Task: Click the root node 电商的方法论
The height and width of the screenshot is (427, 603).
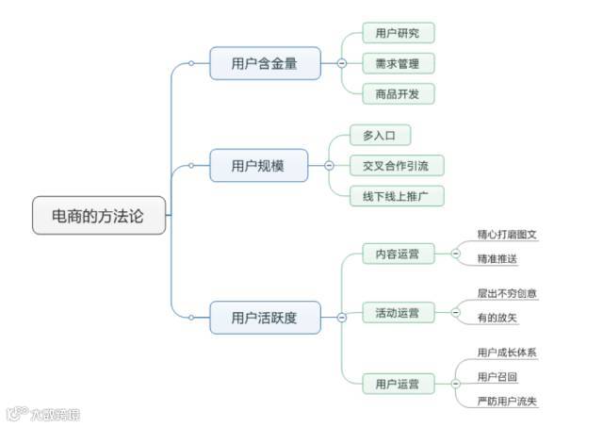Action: tap(99, 216)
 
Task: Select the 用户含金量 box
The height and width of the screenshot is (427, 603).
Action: tap(265, 63)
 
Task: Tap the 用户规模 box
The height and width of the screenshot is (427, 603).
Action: tap(258, 166)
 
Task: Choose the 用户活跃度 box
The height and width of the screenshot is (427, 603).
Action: tap(265, 318)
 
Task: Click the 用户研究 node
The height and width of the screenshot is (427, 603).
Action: tap(399, 34)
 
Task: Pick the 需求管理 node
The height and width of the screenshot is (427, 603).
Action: tap(399, 63)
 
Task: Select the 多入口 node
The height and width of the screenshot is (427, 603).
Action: tap(381, 136)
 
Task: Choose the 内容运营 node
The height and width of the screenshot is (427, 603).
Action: tap(399, 253)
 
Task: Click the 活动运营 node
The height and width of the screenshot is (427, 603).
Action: tap(399, 312)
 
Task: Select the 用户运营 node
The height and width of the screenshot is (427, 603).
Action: tap(399, 384)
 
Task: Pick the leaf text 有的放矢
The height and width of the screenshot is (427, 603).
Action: tap(497, 319)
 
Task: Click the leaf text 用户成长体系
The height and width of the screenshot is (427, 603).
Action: tap(507, 353)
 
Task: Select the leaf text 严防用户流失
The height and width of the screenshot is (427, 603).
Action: tap(507, 402)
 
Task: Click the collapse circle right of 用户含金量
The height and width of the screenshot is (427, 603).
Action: tap(341, 63)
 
